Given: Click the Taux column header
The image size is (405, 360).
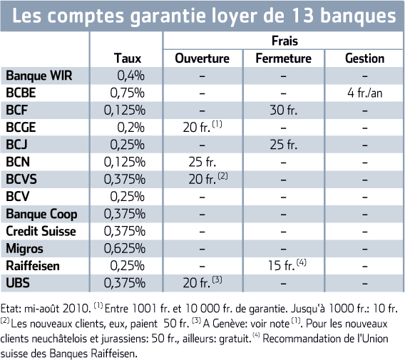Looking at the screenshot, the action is click(x=128, y=58).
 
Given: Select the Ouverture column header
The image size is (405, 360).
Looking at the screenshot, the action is click(x=202, y=58).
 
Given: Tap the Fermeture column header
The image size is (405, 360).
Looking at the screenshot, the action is click(x=283, y=58).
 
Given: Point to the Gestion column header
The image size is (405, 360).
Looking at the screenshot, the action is click(x=364, y=58).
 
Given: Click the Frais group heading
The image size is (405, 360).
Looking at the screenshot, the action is click(x=284, y=41).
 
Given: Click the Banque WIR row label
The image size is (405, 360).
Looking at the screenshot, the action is click(x=39, y=76).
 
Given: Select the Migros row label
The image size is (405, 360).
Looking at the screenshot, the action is click(x=24, y=249).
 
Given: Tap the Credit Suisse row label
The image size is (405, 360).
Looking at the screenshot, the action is click(x=41, y=231).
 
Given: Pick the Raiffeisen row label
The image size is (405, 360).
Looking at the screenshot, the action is click(x=33, y=266).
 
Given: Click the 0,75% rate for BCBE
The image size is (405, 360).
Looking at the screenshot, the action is click(x=127, y=93).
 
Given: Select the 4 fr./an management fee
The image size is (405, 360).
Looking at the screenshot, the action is click(x=364, y=93).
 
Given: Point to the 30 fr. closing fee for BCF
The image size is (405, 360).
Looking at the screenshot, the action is click(x=283, y=110).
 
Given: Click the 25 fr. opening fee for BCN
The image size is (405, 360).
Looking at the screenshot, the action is click(x=202, y=163).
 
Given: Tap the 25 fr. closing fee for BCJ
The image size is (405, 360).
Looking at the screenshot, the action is click(x=283, y=145).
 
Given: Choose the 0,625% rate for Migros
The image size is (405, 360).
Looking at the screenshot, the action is click(x=125, y=249).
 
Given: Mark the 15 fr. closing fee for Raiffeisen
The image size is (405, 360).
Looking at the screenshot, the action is click(x=281, y=266).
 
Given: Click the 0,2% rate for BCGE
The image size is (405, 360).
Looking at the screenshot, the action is click(x=130, y=128).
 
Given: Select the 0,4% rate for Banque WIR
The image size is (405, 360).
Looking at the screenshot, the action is click(x=130, y=76).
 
